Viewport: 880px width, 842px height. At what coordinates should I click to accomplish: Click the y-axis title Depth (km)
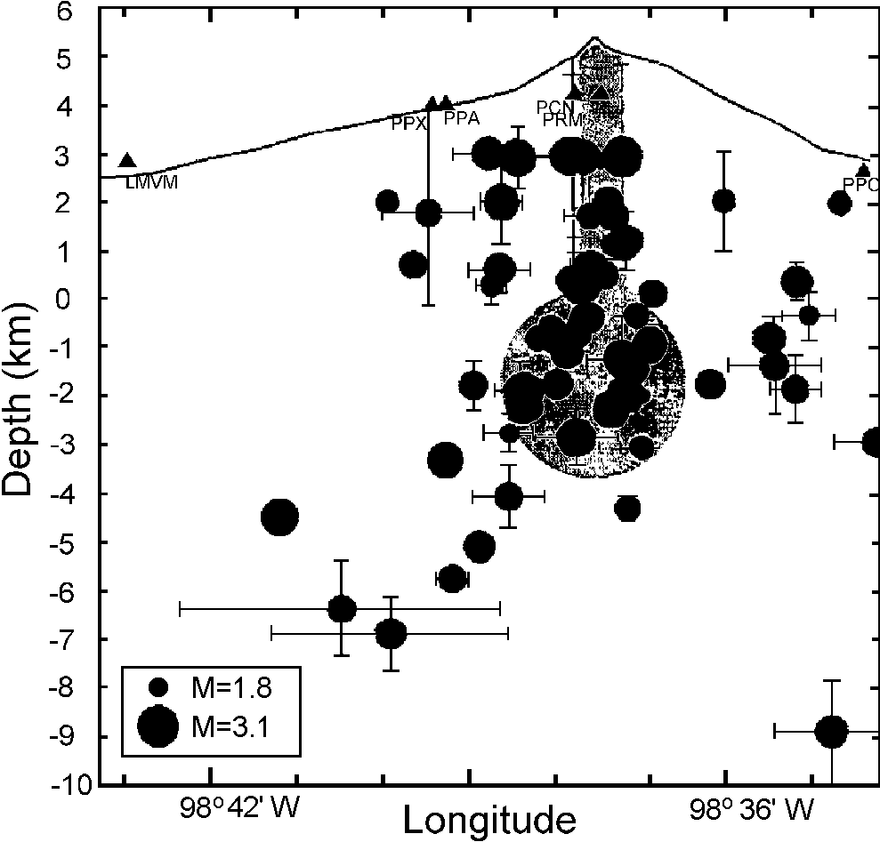click(20, 395)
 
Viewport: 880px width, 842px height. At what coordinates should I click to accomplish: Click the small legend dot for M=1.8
click(159, 686)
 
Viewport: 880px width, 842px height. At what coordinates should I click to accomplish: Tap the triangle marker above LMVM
click(127, 161)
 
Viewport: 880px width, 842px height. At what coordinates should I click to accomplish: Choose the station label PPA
click(462, 117)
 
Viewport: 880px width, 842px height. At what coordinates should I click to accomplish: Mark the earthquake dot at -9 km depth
click(831, 731)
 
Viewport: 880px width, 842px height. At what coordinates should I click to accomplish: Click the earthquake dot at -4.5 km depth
click(279, 517)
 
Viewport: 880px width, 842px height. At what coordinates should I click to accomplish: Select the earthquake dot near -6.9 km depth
click(391, 633)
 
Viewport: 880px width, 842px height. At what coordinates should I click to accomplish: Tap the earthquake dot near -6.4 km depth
click(342, 609)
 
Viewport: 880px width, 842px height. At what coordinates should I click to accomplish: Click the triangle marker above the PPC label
click(863, 171)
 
